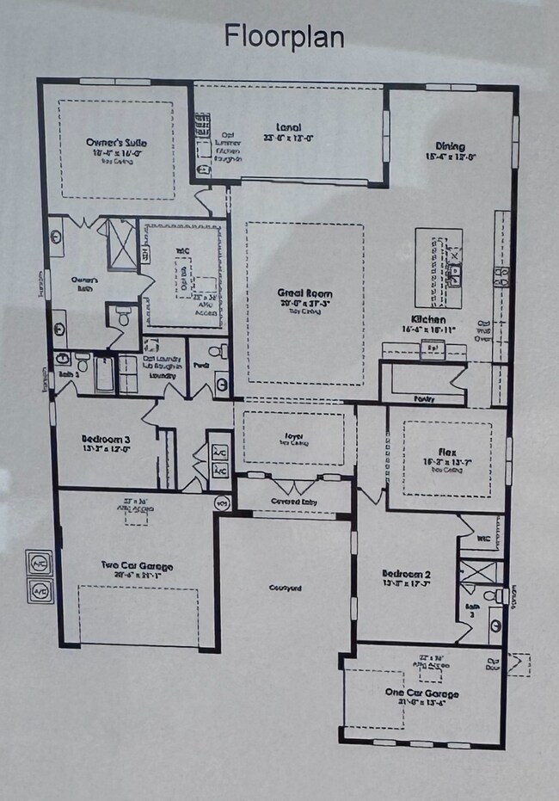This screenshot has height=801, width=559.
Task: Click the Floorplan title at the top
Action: [284, 36]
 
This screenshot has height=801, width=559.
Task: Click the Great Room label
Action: [304, 294]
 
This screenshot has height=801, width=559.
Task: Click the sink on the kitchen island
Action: [455, 274]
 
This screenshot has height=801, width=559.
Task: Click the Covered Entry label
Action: [293, 501]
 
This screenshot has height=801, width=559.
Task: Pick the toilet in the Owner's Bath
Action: [123, 317]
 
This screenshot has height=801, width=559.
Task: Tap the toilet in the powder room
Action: [222, 351]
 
